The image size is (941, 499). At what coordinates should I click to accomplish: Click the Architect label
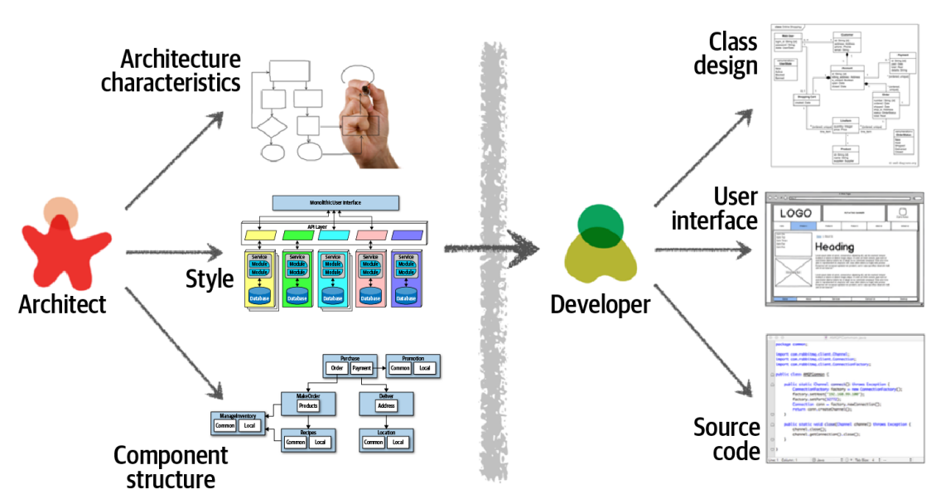pos(62,304)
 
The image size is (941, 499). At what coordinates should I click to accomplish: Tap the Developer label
pos(600,304)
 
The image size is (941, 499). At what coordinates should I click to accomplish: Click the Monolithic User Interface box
pos(335,202)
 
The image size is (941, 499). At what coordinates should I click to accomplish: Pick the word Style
pos(210,279)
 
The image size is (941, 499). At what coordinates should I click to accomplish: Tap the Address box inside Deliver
pos(386,406)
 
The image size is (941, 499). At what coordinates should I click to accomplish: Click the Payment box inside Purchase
pos(361,368)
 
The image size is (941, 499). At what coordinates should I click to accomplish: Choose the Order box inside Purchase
pos(336,368)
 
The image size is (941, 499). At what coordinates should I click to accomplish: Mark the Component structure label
pos(170,468)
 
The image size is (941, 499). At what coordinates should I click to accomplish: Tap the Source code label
pos(726,439)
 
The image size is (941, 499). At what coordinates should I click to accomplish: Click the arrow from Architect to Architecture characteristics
pos(175,162)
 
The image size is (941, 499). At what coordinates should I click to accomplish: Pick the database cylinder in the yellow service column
pos(258,296)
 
